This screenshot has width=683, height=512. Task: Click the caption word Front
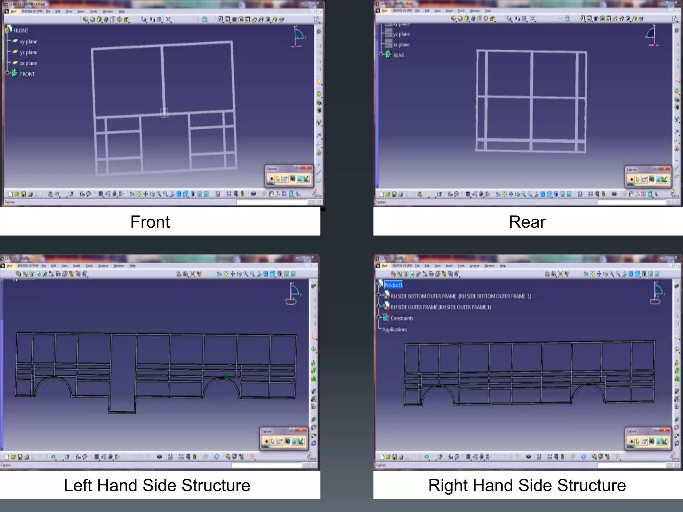pyautogui.click(x=150, y=222)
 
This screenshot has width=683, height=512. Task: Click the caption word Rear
pyautogui.click(x=527, y=222)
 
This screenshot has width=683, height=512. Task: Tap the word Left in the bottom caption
pyautogui.click(x=78, y=485)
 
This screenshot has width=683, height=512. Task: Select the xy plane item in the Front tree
pyautogui.click(x=28, y=42)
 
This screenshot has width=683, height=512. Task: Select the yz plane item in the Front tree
pyautogui.click(x=28, y=52)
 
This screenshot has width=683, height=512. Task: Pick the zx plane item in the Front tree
pyautogui.click(x=28, y=63)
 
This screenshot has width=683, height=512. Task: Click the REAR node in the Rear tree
pyautogui.click(x=398, y=55)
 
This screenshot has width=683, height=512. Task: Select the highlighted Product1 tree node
pyautogui.click(x=393, y=285)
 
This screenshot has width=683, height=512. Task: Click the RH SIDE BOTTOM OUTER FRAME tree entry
pyautogui.click(x=460, y=296)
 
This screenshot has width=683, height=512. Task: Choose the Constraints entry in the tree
pyautogui.click(x=402, y=318)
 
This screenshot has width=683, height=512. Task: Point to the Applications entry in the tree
pyautogui.click(x=395, y=330)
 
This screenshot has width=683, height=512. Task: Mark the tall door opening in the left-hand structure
pyautogui.click(x=123, y=373)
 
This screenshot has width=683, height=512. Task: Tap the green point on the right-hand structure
pyautogui.click(x=592, y=382)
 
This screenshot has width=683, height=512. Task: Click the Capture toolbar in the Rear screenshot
pyautogui.click(x=648, y=176)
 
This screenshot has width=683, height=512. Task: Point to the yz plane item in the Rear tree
pyautogui.click(x=401, y=34)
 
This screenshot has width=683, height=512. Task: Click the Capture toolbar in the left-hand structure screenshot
pyautogui.click(x=283, y=438)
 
